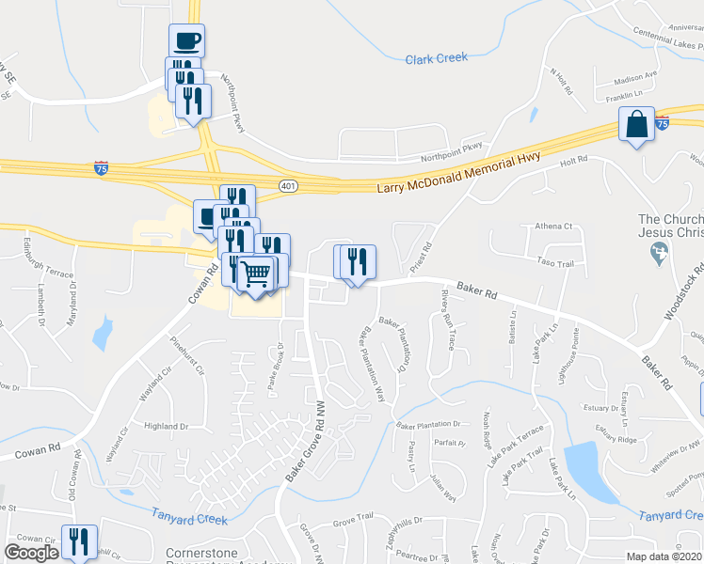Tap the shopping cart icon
pos(255,274)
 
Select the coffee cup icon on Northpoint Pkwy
pos(186,40)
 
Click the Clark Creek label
pos(436,58)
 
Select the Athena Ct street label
pos(553,227)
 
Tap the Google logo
pos(31,553)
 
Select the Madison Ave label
pos(633,79)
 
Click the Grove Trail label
pos(353,517)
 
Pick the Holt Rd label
pos(573,162)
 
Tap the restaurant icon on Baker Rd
pos(357,262)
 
